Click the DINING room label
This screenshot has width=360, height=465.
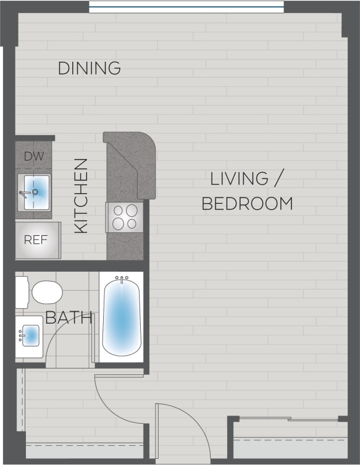(x=89, y=68)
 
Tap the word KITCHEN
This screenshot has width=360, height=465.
(x=81, y=196)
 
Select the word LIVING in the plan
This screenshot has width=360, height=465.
(x=239, y=179)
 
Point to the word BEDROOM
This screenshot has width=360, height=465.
(x=247, y=203)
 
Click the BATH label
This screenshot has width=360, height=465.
(x=69, y=318)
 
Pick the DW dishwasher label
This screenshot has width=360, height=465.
(x=34, y=156)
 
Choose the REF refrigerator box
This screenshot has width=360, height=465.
(x=36, y=240)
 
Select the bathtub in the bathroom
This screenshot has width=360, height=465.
(x=121, y=317)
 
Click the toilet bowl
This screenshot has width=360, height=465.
(x=47, y=291)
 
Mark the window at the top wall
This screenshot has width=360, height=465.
(x=186, y=7)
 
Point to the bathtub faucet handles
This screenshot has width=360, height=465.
(x=122, y=279)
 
